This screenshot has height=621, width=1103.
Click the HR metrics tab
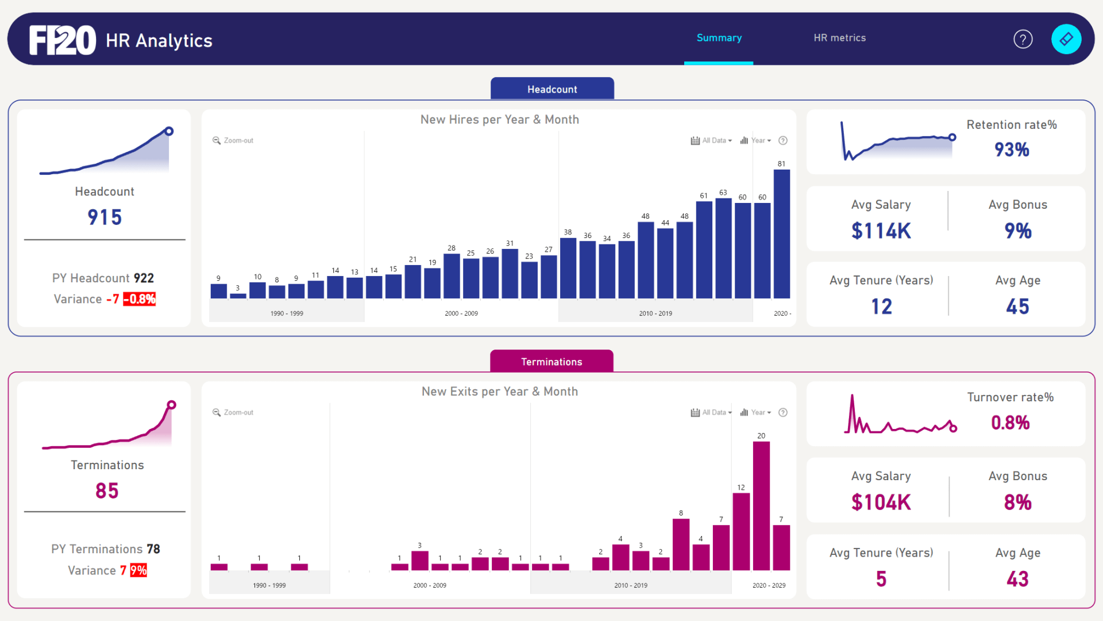tap(839, 38)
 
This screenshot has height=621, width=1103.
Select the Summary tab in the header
tap(719, 38)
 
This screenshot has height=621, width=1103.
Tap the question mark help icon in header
tap(1023, 39)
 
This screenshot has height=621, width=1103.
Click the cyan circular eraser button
tap(1066, 39)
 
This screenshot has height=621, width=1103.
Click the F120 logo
tap(63, 40)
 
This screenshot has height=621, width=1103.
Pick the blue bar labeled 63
tap(723, 247)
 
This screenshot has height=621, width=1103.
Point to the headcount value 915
tap(105, 217)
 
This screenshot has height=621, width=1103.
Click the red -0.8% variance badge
tap(140, 299)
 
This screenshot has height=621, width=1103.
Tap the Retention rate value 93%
tap(1012, 150)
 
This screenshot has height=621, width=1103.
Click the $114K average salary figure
tap(881, 231)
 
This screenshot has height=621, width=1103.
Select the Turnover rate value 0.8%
tap(1010, 423)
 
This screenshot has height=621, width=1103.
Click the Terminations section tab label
tap(551, 362)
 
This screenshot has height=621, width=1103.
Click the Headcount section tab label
tap(552, 89)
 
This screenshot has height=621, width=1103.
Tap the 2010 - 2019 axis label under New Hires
tap(655, 313)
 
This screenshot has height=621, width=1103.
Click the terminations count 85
tap(107, 491)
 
